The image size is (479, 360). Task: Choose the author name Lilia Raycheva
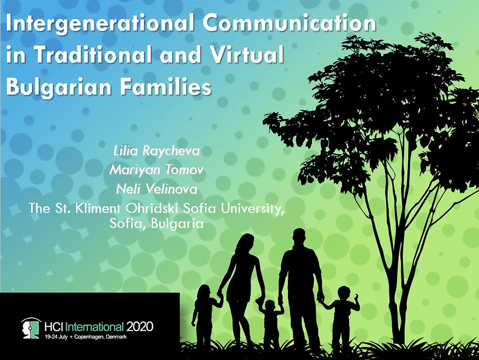[x=156, y=151]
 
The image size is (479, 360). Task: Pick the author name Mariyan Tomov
[x=156, y=170]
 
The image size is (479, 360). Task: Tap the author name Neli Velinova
[x=156, y=189]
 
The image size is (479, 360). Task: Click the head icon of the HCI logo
[x=31, y=328]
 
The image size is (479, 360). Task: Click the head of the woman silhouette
[x=245, y=243]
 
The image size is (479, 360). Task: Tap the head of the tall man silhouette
[x=299, y=237]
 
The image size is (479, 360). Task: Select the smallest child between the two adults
[x=270, y=321]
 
